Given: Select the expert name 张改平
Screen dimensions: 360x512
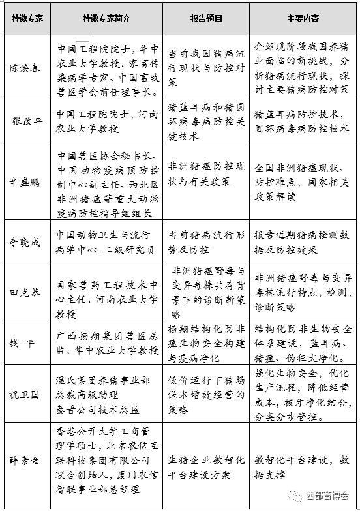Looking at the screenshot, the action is pos(26,121).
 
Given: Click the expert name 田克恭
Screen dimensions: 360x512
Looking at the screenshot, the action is pos(26,292).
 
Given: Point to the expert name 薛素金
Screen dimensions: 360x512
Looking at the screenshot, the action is pos(26,459).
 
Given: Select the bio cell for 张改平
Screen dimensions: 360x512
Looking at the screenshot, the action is pos(106,121).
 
